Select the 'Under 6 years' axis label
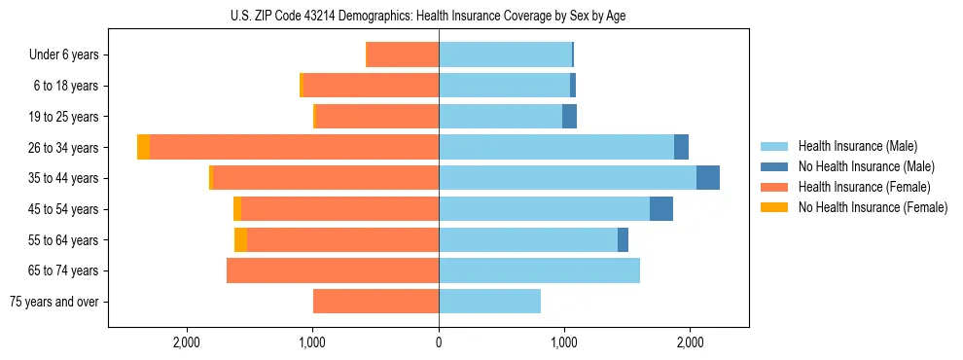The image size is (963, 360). [x=69, y=55]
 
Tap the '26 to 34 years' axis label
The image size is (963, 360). [x=64, y=148]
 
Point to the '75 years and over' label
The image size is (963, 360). [x=54, y=302]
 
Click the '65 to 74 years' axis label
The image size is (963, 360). [x=64, y=270]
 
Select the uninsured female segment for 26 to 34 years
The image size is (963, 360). [x=143, y=147]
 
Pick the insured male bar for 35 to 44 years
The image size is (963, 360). [x=567, y=178]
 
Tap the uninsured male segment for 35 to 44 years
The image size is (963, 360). [x=708, y=178]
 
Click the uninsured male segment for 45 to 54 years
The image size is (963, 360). [x=661, y=209]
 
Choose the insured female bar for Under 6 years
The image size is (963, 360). [x=402, y=54]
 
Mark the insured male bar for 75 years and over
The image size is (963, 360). [x=489, y=302]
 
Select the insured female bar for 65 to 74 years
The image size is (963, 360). [x=333, y=270]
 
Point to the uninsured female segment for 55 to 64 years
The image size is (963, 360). [x=240, y=239]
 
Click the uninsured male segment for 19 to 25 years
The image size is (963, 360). [x=570, y=117]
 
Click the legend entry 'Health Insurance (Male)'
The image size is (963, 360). [x=857, y=146]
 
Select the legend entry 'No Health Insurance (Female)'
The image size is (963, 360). [x=872, y=207]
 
